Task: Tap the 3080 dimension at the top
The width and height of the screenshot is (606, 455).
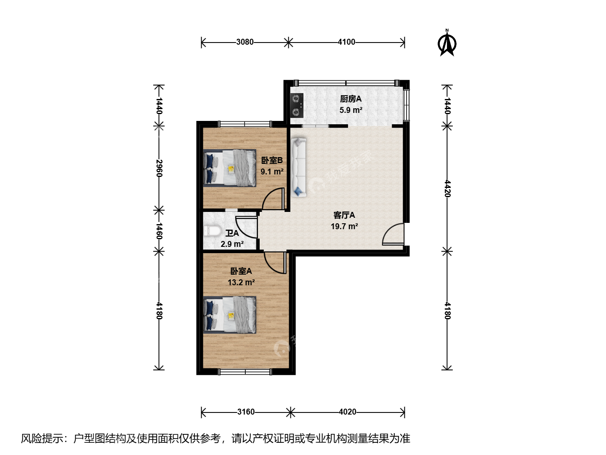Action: pos(245,42)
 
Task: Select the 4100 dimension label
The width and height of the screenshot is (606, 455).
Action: pos(346,42)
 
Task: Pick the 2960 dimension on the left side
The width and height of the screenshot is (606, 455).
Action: pos(159,168)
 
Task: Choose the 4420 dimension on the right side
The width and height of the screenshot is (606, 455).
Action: pos(447,188)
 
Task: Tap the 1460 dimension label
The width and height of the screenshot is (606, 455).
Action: pos(159,231)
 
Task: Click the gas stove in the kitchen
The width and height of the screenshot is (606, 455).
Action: pos(297,105)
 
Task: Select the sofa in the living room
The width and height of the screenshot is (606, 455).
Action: pos(299,167)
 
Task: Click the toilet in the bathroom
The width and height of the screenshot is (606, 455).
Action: pos(212,231)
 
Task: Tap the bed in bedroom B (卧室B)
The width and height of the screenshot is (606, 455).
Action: pos(230,168)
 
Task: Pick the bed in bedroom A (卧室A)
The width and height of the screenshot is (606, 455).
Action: pos(230,315)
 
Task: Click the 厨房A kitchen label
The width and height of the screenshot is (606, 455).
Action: pos(351,99)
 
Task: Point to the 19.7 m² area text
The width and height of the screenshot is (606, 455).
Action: pos(344,226)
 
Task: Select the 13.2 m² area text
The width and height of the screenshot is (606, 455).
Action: pos(241,282)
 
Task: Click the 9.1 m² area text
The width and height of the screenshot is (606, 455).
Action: pos(272,171)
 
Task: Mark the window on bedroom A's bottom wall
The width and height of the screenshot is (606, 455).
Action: pos(245,372)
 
